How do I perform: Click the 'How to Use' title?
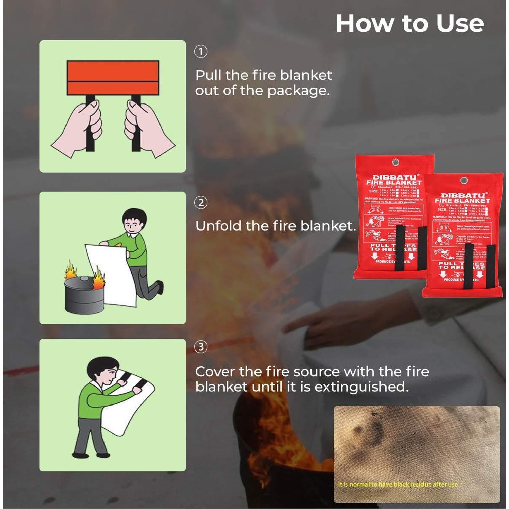coord(410,24)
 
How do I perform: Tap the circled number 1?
coord(201,52)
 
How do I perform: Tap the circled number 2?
coord(201,203)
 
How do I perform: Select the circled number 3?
coord(201,347)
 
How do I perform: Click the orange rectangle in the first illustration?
coord(113,78)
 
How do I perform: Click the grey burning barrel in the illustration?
coord(83,295)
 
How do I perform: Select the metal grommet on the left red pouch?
coord(395,162)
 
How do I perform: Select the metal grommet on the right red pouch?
coord(464,180)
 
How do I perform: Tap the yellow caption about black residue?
coord(398,484)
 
